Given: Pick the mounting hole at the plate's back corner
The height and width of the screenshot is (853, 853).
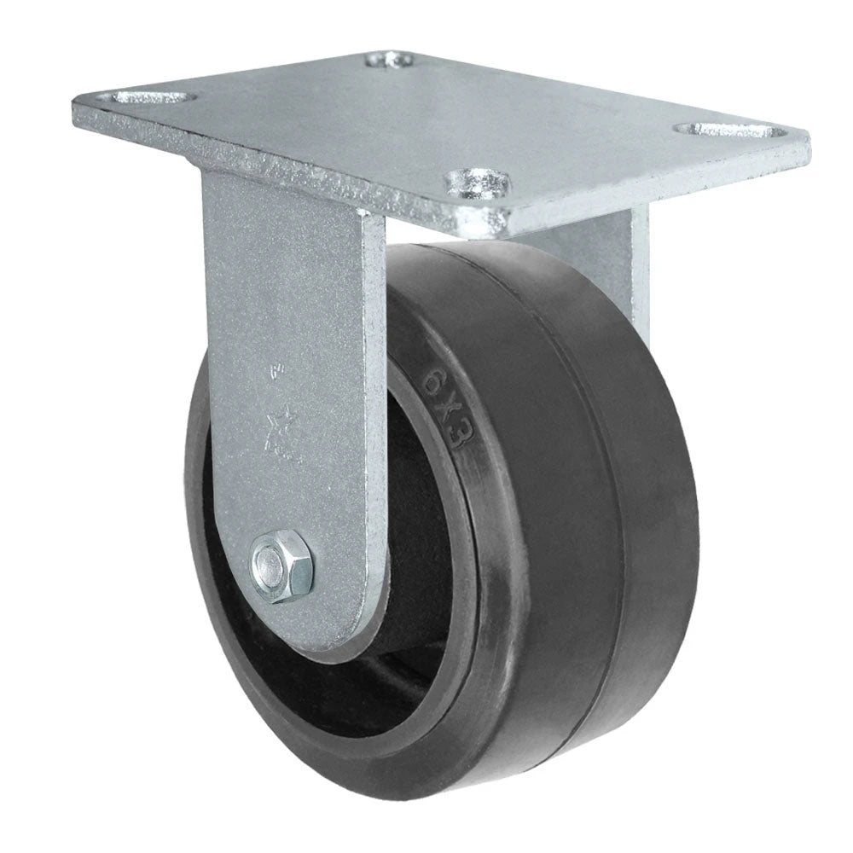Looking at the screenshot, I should click(389, 61).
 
